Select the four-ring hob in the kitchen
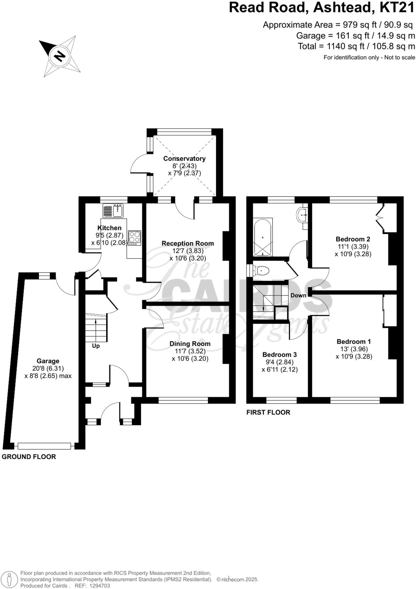coord(134,238)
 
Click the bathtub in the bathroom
coord(262,237)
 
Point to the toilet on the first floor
coord(262,270)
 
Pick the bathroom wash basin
coord(302,215)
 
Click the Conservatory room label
coord(184,158)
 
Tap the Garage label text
coord(48,361)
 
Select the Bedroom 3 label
coord(279,355)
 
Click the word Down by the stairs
coord(298,295)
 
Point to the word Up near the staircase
coord(96,346)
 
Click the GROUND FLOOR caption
coord(29,457)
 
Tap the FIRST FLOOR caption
coord(268,412)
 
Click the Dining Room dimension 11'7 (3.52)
coord(190,351)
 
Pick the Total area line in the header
coord(356,46)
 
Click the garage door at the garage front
coord(44,446)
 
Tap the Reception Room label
coord(188,243)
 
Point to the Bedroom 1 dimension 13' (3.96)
coord(354,349)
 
